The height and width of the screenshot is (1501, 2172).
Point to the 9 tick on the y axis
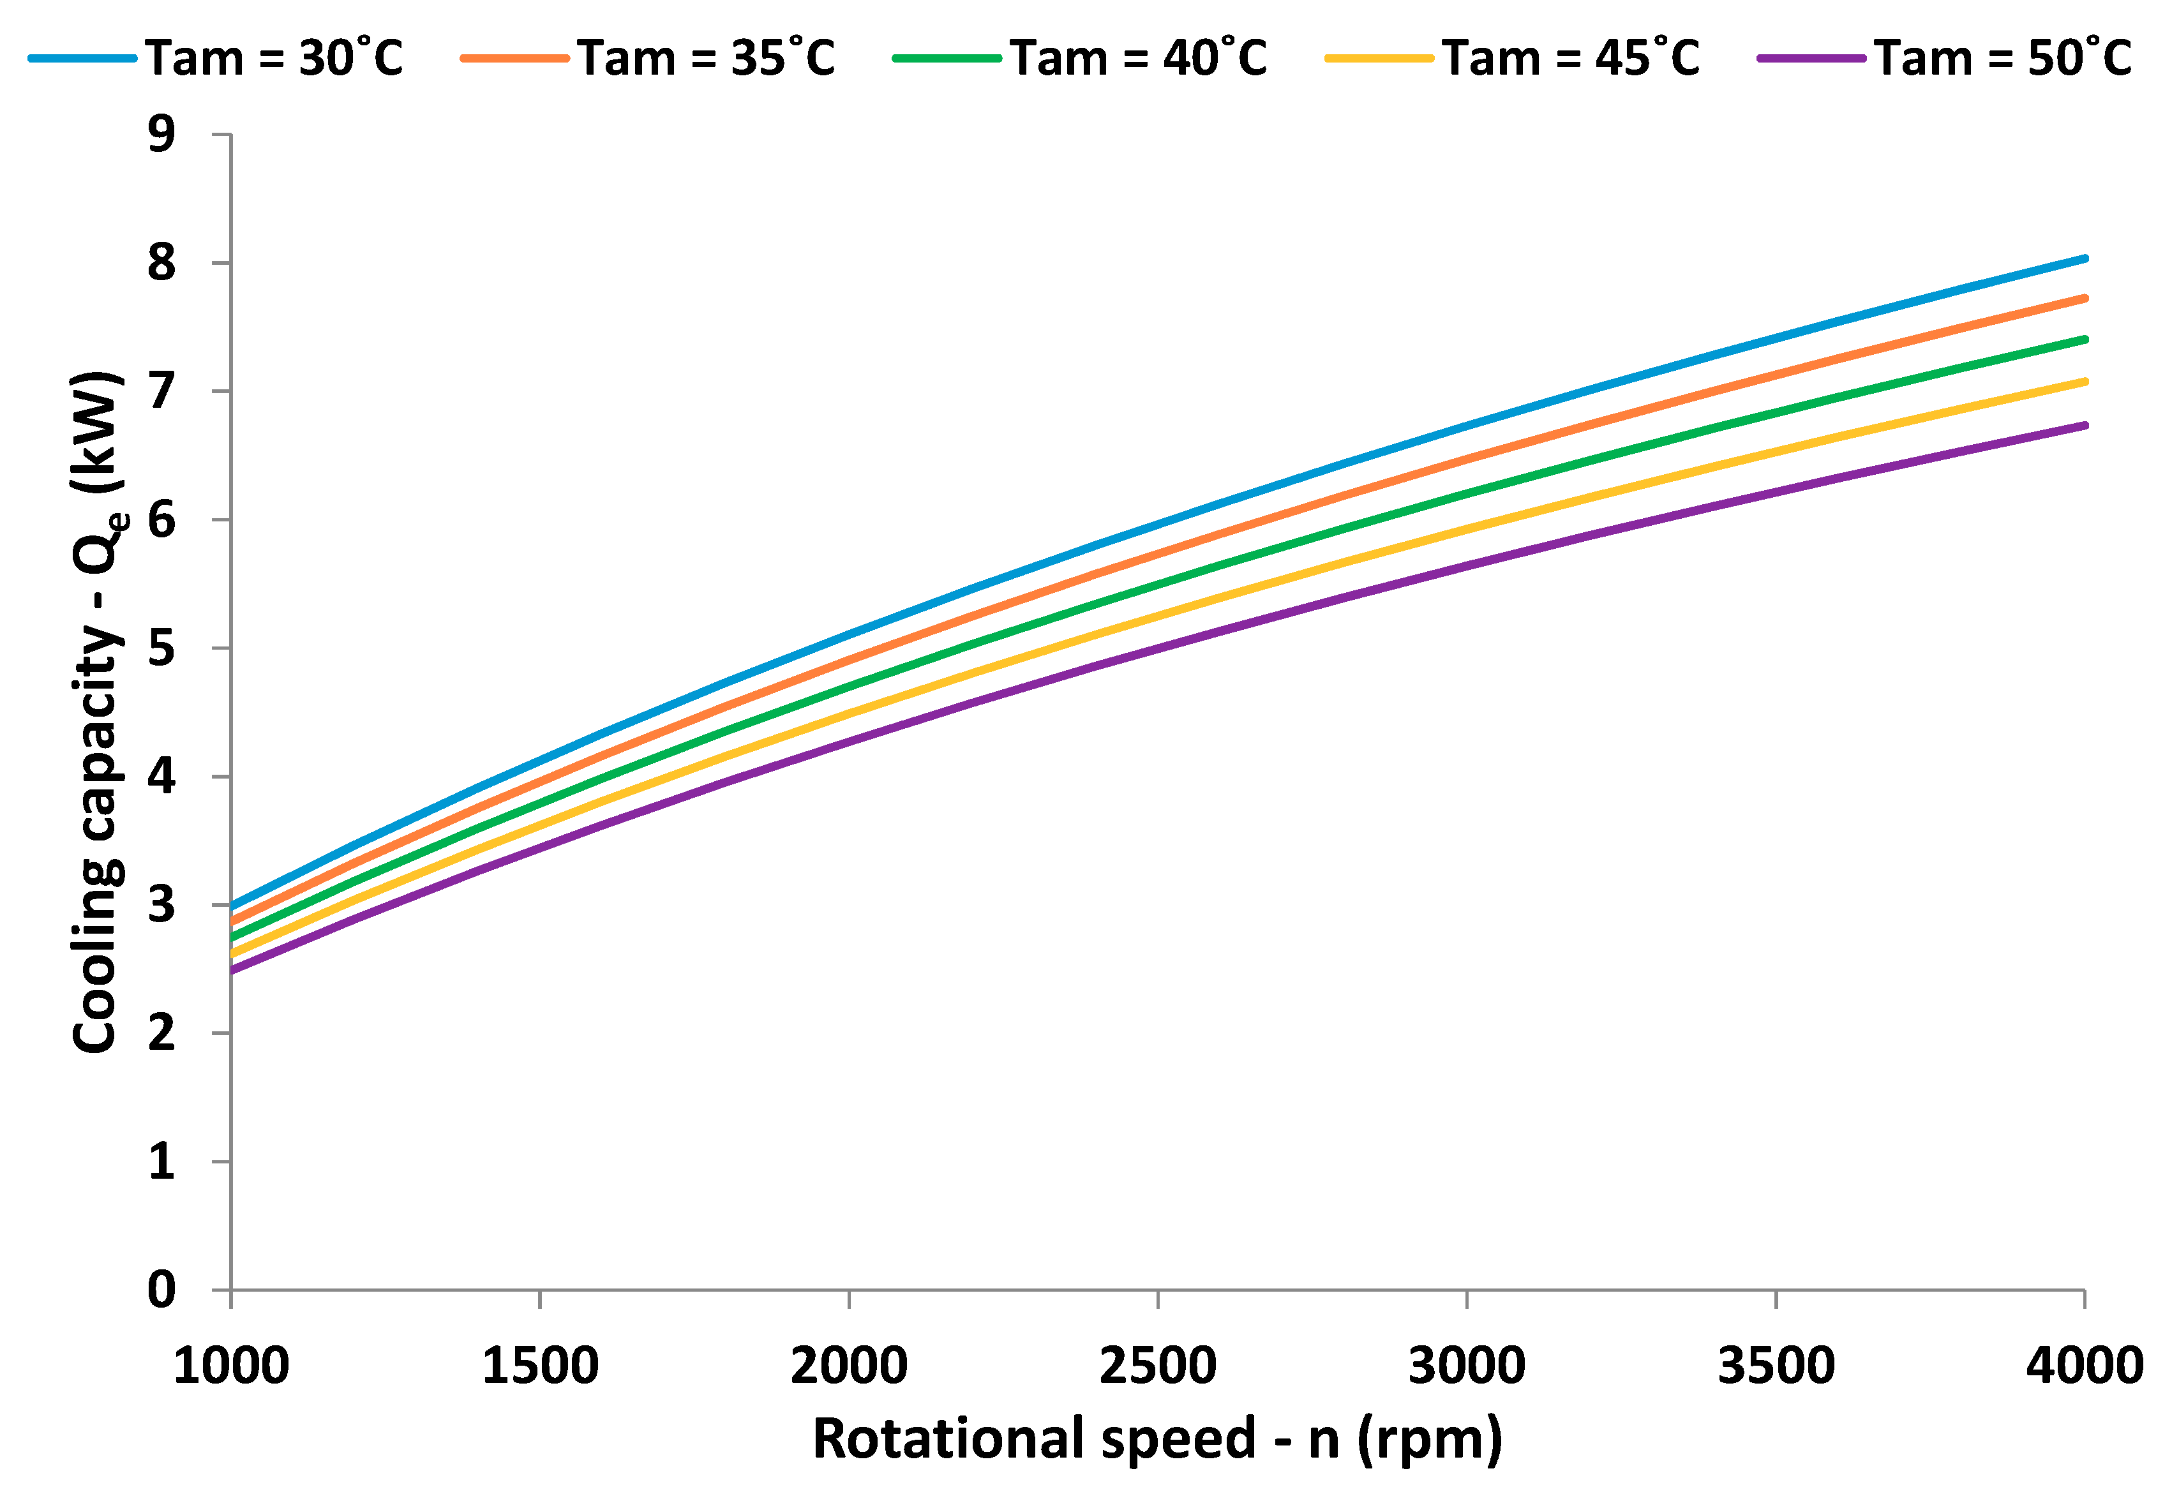click(161, 135)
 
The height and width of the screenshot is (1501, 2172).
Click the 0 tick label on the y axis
click(161, 1289)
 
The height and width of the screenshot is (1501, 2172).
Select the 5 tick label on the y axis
click(161, 648)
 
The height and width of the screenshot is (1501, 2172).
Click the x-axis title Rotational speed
click(1157, 1439)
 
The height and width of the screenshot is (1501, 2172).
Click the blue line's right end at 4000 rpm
click(2085, 258)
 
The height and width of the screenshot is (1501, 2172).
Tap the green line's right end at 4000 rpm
click(2085, 339)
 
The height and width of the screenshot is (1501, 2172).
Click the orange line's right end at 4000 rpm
click(2085, 298)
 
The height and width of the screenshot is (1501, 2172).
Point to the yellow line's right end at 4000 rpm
click(2085, 381)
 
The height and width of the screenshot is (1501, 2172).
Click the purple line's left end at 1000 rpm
click(232, 969)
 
